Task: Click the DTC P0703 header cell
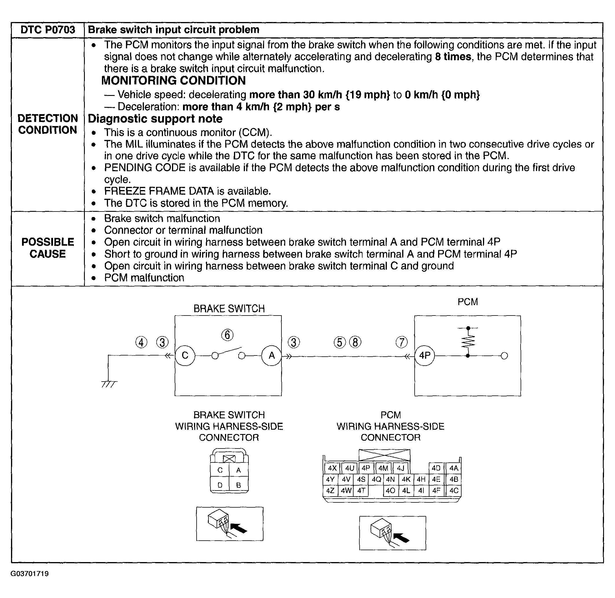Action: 48,30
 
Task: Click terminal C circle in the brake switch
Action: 185,355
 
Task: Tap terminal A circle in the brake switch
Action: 272,355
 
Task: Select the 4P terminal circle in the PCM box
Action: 425,355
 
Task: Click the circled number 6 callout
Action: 227,335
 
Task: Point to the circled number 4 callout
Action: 141,342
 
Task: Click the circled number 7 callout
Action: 402,342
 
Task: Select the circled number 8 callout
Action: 355,342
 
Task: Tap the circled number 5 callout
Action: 340,342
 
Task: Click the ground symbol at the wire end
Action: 109,384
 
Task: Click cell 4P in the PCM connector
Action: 366,468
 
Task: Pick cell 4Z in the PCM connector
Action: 330,491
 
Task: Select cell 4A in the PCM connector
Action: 454,468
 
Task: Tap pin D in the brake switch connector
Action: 220,485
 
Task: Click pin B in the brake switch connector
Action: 239,485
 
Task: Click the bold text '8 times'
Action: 453,57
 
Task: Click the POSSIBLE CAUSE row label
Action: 48,248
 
